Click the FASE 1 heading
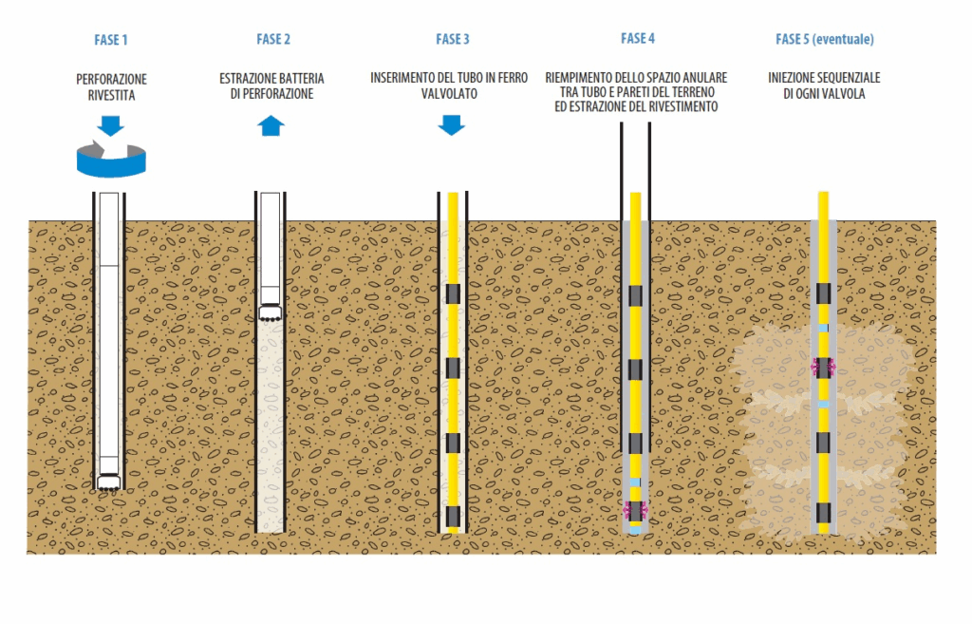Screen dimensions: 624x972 tap(111, 40)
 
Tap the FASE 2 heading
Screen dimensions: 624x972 tap(273, 39)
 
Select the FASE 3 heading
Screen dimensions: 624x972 tap(453, 39)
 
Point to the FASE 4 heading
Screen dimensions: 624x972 tap(638, 39)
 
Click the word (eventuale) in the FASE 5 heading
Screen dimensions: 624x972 tap(842, 39)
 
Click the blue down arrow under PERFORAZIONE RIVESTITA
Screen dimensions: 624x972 tap(111, 124)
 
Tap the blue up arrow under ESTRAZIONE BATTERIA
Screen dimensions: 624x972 tap(271, 124)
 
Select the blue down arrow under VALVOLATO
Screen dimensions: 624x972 tap(452, 124)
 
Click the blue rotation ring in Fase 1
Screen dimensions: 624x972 tap(111, 160)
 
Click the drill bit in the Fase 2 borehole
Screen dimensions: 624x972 tap(271, 312)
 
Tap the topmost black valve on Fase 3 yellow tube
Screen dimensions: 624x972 tap(453, 293)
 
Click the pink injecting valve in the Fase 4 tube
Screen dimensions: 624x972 tap(634, 511)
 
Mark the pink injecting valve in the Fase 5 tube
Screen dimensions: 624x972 tap(823, 367)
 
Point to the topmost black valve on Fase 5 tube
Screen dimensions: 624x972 tap(823, 293)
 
